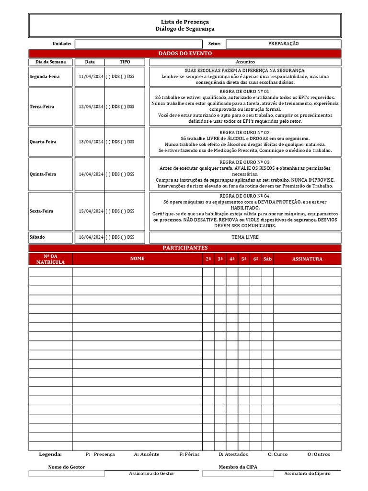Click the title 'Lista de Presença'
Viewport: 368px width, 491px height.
[184, 22]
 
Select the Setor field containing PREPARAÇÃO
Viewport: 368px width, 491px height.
[283, 44]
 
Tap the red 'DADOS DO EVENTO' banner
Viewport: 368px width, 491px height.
[184, 53]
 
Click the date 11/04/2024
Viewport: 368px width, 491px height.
[90, 77]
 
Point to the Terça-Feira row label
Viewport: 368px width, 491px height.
[42, 106]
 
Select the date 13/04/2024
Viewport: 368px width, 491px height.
[90, 142]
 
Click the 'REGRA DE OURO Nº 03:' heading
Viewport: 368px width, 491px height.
[245, 162]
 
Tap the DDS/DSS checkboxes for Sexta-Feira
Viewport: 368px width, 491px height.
[120, 211]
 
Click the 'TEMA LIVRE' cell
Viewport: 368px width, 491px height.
[245, 237]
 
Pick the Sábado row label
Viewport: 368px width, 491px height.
[38, 237]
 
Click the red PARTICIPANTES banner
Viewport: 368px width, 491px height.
[184, 248]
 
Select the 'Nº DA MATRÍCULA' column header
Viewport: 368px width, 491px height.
[50, 259]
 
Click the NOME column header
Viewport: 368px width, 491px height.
[137, 259]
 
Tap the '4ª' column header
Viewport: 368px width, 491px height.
[232, 259]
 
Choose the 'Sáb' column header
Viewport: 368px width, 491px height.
[267, 259]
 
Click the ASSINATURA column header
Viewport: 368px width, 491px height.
[307, 259]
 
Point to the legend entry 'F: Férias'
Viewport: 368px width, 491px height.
[189, 454]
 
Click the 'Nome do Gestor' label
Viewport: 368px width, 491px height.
[67, 467]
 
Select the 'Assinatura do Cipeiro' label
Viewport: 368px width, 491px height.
[307, 473]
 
